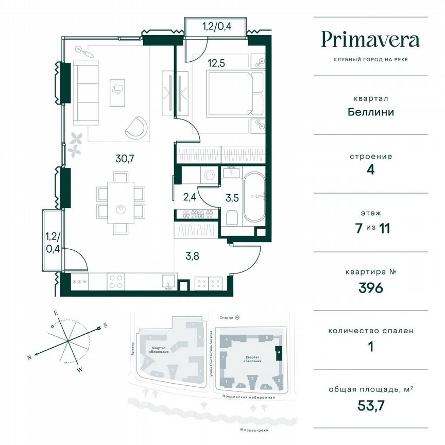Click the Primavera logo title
[370, 40]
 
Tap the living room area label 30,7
[125, 159]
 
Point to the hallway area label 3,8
[192, 252]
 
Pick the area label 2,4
[189, 196]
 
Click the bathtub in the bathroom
[254, 197]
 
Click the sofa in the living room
[85, 93]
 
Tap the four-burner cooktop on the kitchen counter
[115, 282]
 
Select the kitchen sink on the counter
[167, 282]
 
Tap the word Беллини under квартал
[370, 111]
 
